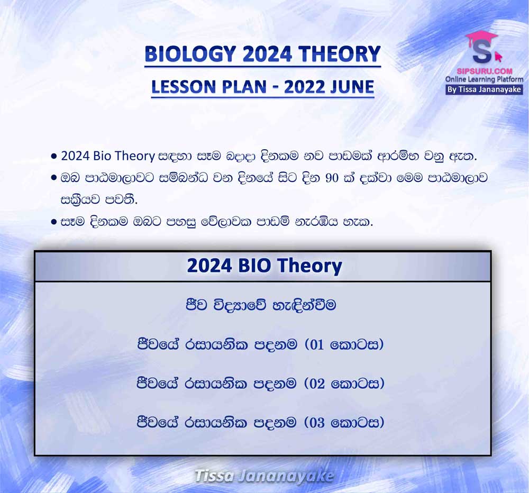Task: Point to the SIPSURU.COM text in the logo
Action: [x=485, y=71]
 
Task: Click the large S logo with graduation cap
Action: [x=483, y=47]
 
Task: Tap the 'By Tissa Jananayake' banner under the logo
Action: [x=484, y=90]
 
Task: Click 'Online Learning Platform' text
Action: [x=484, y=79]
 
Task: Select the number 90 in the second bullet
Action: [x=332, y=178]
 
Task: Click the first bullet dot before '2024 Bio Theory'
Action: [x=53, y=157]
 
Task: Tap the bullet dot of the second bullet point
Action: [x=53, y=178]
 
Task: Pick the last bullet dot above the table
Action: [x=53, y=222]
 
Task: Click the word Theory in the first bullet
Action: [x=134, y=156]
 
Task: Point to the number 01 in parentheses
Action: [x=317, y=345]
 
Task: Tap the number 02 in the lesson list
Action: [x=317, y=384]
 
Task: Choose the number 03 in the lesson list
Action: [x=317, y=423]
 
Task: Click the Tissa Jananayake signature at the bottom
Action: [x=264, y=477]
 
